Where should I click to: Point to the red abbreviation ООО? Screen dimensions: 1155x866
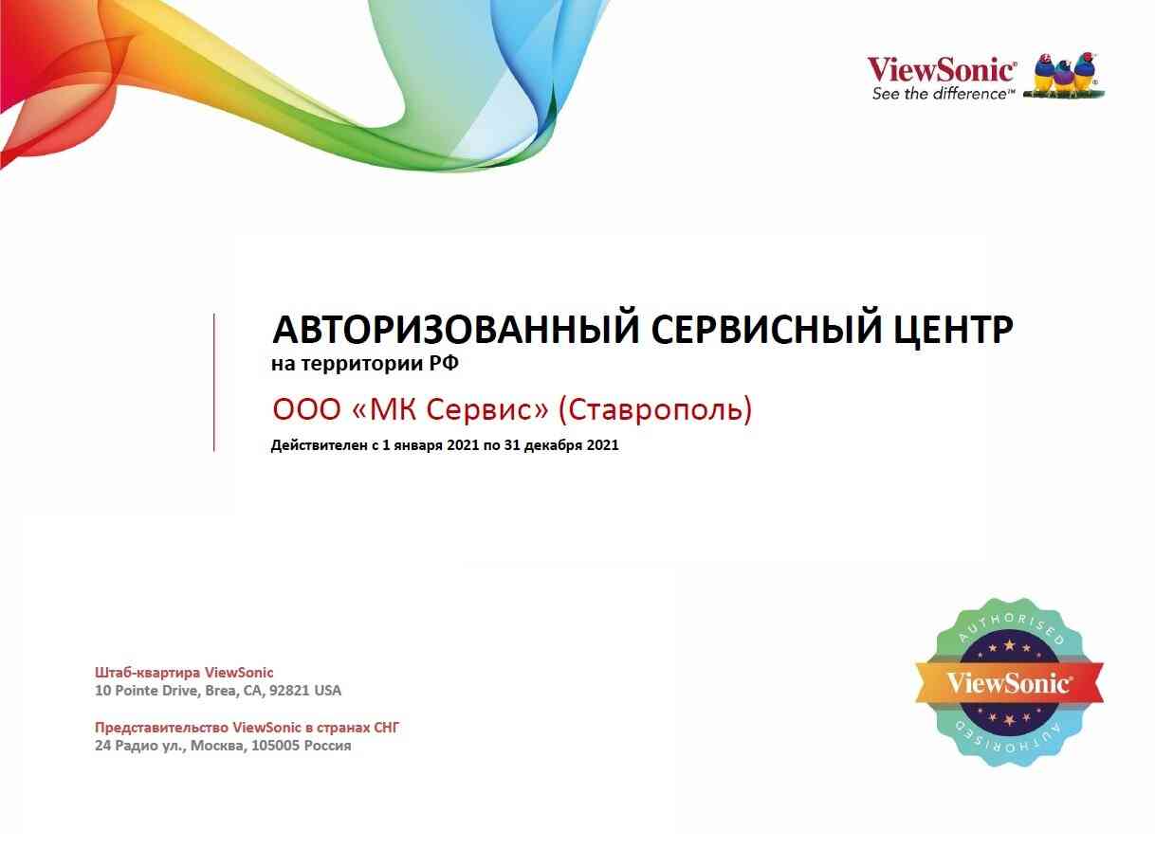(x=307, y=409)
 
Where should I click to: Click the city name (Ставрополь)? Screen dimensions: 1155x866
(x=655, y=410)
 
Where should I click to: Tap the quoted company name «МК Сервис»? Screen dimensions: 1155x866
(x=450, y=409)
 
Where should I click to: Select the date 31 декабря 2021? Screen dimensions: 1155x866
(x=561, y=445)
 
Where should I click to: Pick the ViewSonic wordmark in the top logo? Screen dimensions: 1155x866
(x=941, y=70)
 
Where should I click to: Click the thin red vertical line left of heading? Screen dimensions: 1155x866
(x=214, y=382)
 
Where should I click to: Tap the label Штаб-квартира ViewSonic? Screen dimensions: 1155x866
(x=184, y=673)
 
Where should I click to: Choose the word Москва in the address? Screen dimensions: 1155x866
(x=218, y=746)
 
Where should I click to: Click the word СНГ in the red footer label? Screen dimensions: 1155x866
(x=386, y=727)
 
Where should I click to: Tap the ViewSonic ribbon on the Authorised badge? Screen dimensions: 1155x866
(x=1009, y=683)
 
